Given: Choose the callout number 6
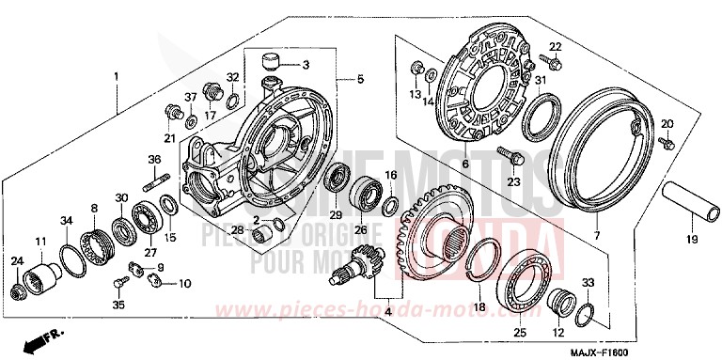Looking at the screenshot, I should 464,163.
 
